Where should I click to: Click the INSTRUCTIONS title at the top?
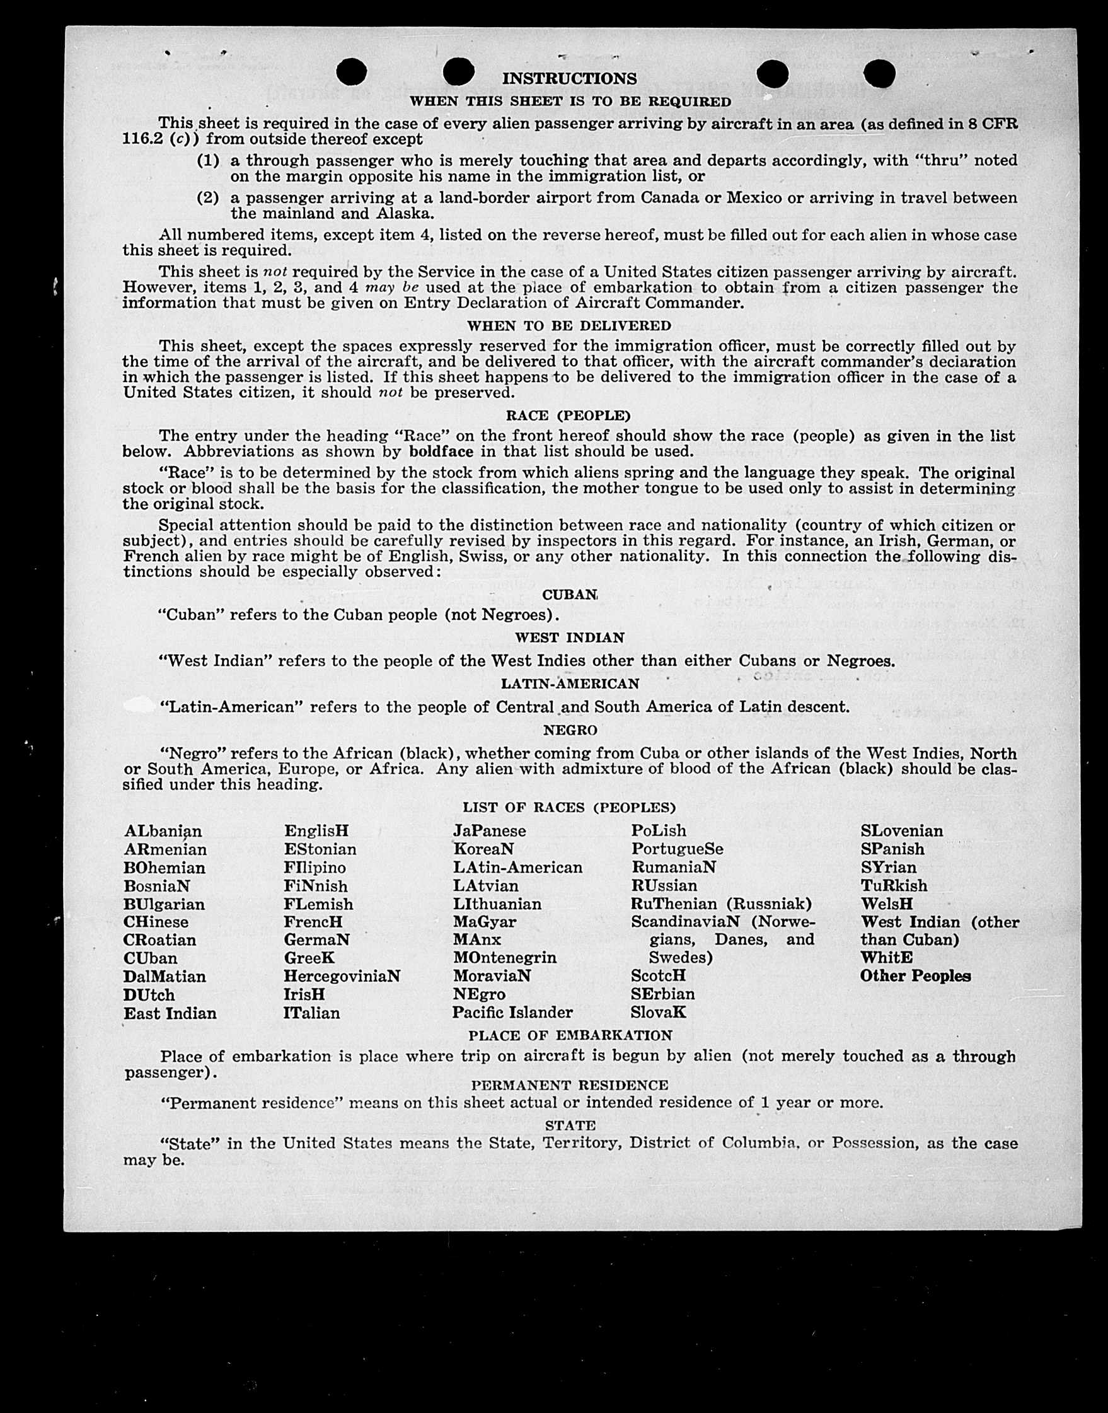tap(569, 79)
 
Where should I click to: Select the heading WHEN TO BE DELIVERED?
tap(569, 325)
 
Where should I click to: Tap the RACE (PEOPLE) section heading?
tap(568, 416)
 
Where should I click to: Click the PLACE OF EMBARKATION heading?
tap(570, 1035)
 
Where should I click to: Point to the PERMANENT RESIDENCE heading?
tap(569, 1085)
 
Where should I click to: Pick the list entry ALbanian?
tap(163, 832)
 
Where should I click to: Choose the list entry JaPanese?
tap(489, 831)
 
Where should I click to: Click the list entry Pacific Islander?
tap(512, 1013)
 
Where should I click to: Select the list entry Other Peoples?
tap(915, 976)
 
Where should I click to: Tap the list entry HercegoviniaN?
tap(341, 976)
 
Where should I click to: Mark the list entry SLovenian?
tap(902, 831)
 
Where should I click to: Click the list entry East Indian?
tap(170, 1013)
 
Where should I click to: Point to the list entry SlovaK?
tap(658, 1013)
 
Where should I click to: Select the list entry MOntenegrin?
tap(504, 958)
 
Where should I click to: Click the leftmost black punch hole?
tap(352, 71)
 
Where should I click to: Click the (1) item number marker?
tap(207, 160)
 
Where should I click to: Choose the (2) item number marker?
tap(207, 198)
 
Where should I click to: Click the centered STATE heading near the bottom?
tap(570, 1125)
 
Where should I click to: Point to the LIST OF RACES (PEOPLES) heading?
tap(569, 808)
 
